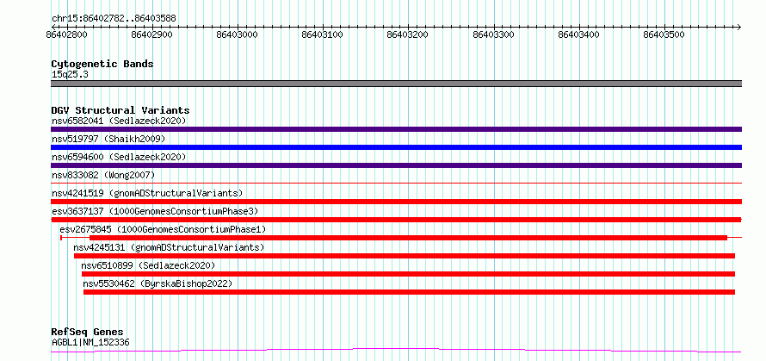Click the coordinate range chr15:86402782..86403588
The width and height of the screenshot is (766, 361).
(x=114, y=19)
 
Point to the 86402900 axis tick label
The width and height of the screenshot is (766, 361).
(x=152, y=34)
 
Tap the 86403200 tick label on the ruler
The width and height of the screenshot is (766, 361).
(x=408, y=34)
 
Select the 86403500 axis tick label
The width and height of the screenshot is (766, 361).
(x=664, y=34)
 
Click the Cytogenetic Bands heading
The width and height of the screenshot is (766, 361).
(x=102, y=64)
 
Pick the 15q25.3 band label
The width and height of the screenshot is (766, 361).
(x=70, y=75)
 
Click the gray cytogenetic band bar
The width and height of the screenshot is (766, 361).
(x=396, y=84)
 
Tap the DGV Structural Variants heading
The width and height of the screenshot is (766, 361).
(x=120, y=110)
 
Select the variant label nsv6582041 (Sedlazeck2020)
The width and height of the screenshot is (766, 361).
(x=119, y=121)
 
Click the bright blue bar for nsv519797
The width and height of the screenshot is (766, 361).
(x=396, y=147)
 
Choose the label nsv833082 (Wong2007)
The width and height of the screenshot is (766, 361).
(x=103, y=175)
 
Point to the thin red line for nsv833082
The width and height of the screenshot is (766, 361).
(x=396, y=184)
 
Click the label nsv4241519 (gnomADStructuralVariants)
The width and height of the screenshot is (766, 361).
(x=147, y=193)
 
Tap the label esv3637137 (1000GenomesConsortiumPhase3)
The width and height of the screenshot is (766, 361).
(x=155, y=211)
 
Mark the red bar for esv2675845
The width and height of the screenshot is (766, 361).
(x=409, y=238)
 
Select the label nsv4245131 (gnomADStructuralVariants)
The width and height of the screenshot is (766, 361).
(x=169, y=247)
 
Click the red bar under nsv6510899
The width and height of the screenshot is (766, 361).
(x=409, y=274)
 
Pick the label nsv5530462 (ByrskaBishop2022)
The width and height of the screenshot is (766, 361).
(x=158, y=283)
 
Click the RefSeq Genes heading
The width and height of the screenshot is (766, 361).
(x=87, y=333)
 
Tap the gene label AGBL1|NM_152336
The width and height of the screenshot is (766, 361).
(x=91, y=342)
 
